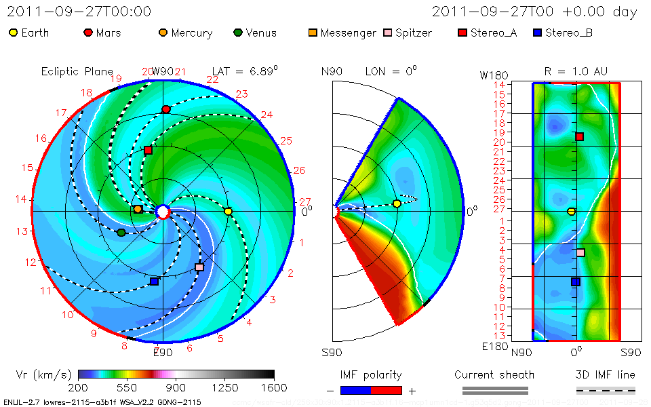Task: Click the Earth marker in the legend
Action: point(13,33)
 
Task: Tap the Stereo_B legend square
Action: point(537,33)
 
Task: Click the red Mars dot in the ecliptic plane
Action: point(166,109)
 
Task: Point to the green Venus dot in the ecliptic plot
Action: point(121,233)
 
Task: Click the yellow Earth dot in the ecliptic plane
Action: point(228,212)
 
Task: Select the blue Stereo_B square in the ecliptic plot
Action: point(154,281)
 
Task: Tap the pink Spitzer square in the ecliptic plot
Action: point(199,267)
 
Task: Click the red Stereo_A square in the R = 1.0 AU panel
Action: point(579,136)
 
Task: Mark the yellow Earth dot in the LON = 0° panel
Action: point(397,203)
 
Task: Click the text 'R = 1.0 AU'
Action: point(576,71)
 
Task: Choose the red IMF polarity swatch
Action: point(387,390)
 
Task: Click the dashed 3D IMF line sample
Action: point(606,390)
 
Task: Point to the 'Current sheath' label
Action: point(494,374)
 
